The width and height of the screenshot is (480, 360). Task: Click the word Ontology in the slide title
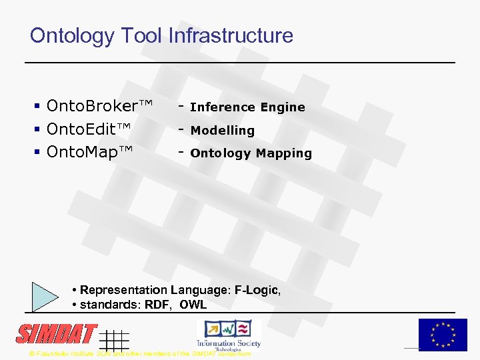tap(71, 36)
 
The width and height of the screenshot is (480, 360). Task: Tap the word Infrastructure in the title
tap(231, 35)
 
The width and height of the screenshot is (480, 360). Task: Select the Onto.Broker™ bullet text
tap(100, 106)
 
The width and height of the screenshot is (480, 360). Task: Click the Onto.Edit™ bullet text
tap(89, 129)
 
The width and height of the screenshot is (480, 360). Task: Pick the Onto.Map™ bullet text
tap(90, 153)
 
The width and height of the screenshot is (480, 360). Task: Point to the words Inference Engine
tap(247, 107)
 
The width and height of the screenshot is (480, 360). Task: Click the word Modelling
tap(223, 131)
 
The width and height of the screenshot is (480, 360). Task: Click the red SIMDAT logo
tap(57, 334)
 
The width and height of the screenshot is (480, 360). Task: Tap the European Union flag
tap(443, 334)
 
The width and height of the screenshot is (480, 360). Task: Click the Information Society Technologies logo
tap(229, 334)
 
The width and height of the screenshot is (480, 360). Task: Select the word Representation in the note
tap(124, 290)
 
